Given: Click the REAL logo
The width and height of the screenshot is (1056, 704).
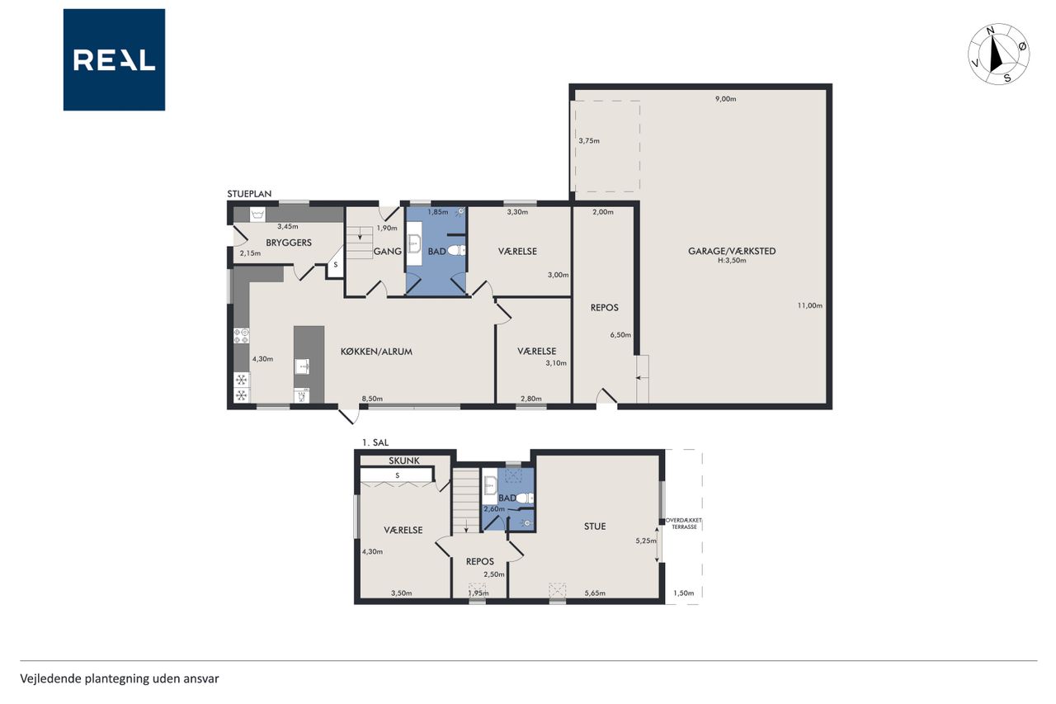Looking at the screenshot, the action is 114,60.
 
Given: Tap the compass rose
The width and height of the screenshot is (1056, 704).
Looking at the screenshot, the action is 998,54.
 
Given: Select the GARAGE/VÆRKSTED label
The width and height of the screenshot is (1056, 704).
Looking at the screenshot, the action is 732,251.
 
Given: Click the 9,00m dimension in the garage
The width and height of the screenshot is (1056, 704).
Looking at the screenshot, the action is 725,99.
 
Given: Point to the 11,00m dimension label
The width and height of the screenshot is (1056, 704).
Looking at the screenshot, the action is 810,305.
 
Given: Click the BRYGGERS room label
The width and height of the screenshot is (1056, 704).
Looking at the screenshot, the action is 289,243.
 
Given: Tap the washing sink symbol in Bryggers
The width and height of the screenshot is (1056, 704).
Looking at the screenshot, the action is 257,215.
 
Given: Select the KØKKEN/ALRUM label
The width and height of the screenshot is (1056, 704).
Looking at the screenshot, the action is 376,352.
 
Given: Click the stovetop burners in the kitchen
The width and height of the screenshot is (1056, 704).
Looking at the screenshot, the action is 242,336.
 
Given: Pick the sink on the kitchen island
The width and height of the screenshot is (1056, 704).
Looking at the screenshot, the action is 302,366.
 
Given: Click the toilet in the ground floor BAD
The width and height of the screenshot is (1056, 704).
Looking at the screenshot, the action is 456,250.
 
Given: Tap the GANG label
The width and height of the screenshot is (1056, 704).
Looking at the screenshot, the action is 388,252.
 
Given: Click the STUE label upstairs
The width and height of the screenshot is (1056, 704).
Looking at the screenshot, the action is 595,527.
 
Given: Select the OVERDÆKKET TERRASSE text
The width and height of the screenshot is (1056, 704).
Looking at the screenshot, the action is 684,523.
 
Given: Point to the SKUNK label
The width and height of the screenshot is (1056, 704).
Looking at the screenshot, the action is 404,461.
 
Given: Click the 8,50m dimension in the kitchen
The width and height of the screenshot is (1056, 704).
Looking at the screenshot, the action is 372,399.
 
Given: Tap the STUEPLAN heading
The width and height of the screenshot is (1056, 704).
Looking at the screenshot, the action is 249,194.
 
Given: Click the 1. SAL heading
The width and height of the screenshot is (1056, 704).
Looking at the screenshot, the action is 375,442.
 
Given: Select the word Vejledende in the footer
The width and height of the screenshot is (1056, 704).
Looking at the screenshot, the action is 50,679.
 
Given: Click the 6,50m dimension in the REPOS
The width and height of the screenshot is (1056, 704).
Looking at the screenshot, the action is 620,335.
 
